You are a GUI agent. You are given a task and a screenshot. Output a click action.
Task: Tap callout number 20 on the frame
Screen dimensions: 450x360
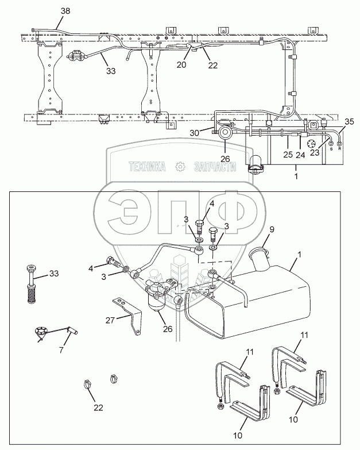click(181, 64)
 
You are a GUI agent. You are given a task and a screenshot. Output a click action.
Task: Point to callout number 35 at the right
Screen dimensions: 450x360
click(350, 121)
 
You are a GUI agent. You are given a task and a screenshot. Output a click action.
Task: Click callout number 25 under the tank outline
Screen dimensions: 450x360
click(288, 155)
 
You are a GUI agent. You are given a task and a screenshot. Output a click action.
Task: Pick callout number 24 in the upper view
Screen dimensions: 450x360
click(300, 155)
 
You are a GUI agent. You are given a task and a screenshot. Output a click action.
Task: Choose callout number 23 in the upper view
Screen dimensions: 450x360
click(313, 153)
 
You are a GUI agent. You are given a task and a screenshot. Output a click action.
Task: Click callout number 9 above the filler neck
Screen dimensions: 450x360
click(272, 229)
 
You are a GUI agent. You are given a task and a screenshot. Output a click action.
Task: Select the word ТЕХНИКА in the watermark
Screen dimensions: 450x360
click(148, 167)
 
